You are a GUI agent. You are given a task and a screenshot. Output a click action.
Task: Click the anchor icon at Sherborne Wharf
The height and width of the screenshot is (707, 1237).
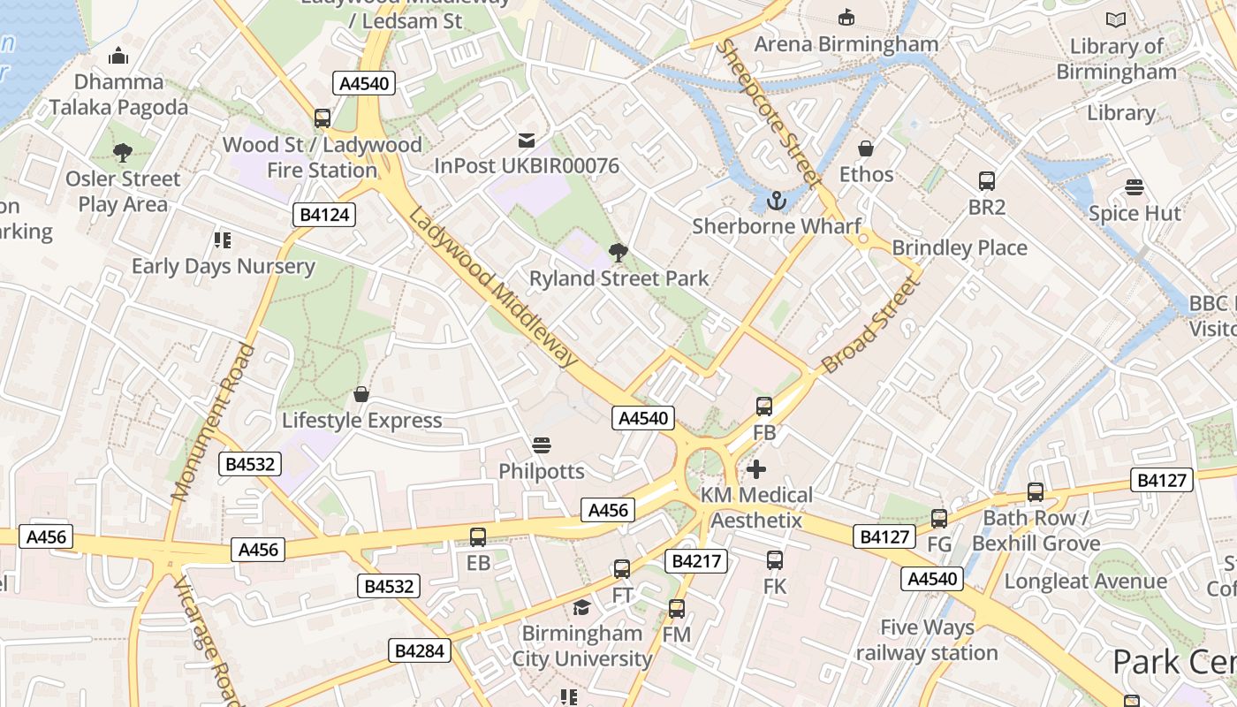tap(776, 201)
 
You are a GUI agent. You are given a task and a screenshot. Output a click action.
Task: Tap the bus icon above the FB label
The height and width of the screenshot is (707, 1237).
tap(764, 407)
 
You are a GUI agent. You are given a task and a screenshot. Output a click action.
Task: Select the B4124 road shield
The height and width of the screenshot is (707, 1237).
tap(324, 215)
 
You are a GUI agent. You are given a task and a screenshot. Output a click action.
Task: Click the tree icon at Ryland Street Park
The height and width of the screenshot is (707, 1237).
tap(618, 254)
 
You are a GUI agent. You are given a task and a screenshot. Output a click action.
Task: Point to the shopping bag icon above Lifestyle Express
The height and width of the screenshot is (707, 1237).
tap(360, 393)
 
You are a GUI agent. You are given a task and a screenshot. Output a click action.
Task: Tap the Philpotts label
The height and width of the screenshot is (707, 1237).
tap(542, 471)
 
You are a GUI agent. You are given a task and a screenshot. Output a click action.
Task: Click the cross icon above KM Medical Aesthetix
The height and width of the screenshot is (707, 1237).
tap(756, 469)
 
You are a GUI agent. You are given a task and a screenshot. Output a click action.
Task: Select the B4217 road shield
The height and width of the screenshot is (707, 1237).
tap(697, 560)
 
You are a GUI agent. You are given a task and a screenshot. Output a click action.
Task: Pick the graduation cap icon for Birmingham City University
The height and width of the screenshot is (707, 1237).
tap(581, 607)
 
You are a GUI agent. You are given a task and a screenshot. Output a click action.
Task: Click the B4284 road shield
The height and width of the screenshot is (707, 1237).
tap(421, 651)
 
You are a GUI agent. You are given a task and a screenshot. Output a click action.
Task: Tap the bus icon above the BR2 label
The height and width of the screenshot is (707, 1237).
tap(987, 181)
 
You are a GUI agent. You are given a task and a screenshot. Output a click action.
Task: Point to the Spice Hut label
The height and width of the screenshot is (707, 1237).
tap(1135, 213)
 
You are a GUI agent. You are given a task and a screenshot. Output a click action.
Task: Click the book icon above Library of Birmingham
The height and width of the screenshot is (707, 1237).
tap(1116, 19)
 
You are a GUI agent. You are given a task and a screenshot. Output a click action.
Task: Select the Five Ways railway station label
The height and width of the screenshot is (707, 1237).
tap(927, 640)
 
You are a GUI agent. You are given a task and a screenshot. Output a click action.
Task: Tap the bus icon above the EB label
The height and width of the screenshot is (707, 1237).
tap(478, 536)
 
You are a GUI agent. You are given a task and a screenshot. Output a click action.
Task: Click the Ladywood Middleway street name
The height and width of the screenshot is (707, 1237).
tap(494, 288)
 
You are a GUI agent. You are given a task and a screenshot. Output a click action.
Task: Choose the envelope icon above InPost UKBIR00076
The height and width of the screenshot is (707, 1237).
tap(527, 141)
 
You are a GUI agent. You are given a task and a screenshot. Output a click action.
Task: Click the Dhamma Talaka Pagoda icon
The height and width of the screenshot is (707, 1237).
tap(118, 57)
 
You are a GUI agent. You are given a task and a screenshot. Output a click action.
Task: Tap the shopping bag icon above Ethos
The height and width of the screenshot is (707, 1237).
tap(866, 148)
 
